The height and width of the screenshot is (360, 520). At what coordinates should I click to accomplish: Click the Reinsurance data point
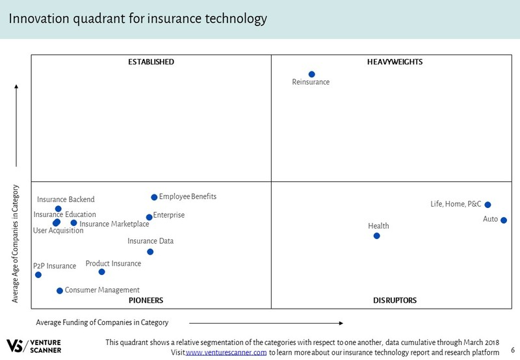coord(311,75)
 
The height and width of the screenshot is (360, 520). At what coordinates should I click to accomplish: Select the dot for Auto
coord(504,220)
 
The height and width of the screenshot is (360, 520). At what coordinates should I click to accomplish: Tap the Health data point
coord(376,236)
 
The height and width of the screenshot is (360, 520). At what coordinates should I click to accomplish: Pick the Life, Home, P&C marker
coord(487,205)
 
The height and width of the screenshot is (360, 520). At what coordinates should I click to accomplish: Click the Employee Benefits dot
coord(154,198)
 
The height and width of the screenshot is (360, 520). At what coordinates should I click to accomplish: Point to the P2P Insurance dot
coord(38,275)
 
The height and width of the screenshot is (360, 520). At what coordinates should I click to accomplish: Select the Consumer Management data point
coord(60,291)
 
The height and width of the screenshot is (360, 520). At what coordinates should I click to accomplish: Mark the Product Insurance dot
coord(101,272)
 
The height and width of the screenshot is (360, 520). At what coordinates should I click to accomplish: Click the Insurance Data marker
coord(150,252)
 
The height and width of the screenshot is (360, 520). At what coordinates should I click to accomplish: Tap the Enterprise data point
coord(149,218)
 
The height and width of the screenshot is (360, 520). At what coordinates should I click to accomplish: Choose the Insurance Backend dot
coord(58,209)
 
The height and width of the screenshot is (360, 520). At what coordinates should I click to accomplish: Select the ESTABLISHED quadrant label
coord(151,62)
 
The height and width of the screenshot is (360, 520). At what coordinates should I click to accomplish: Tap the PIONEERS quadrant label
coord(145,300)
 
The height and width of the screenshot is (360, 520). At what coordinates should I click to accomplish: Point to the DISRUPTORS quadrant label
coord(395,300)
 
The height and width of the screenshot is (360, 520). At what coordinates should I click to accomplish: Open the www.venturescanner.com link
coord(226,352)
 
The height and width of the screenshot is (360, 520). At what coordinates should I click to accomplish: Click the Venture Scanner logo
coord(34,346)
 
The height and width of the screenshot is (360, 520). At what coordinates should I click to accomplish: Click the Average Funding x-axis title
coord(102,322)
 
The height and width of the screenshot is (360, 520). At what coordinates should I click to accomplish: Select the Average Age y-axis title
coord(16,244)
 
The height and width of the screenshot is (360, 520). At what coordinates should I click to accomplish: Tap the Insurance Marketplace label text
coord(114,224)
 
